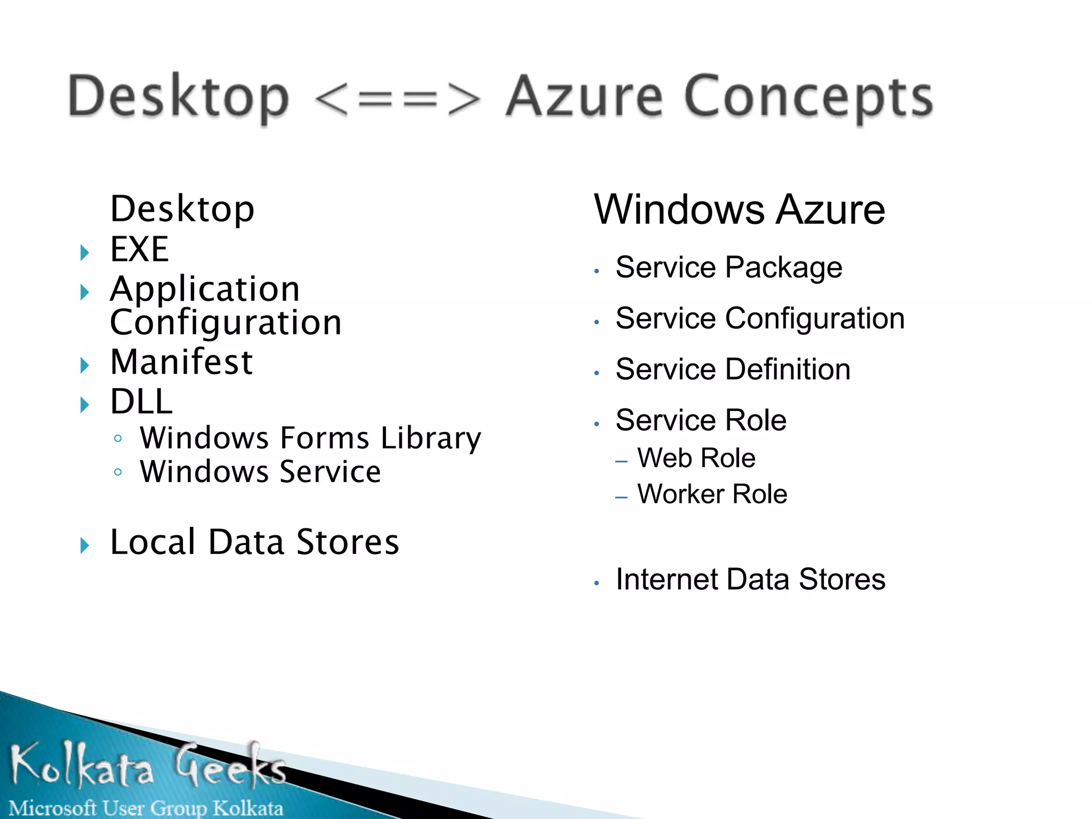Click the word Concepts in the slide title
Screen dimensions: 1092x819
808,98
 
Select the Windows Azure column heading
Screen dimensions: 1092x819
740,210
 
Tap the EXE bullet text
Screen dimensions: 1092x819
140,249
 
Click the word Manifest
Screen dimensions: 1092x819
181,362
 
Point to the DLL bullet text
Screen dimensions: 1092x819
141,402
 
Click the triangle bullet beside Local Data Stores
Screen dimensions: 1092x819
84,545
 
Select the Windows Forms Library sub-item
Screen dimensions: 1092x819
310,438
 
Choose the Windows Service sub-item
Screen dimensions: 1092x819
260,472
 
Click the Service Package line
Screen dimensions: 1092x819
728,268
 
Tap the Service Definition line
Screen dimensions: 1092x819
733,370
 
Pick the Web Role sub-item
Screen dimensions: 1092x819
696,458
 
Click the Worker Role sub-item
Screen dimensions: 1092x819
712,494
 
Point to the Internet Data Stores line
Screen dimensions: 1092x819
750,580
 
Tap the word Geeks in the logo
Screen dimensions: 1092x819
230,766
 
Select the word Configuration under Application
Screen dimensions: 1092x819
226,323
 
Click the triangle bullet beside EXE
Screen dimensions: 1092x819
84,252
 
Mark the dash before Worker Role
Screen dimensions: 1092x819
621,497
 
